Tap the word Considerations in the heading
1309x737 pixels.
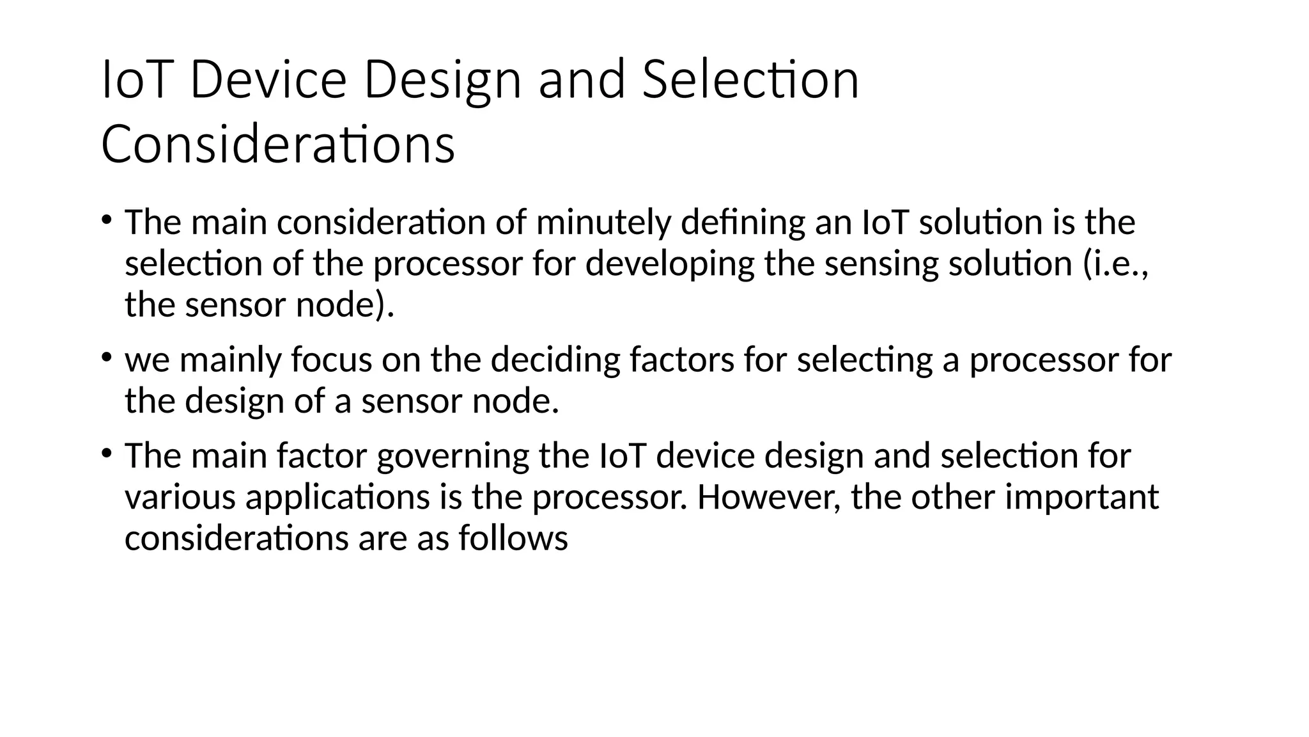pyautogui.click(x=278, y=145)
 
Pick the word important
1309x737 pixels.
pyautogui.click(x=1081, y=497)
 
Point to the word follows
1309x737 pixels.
pyautogui.click(x=513, y=538)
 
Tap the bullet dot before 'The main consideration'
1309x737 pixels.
pyautogui.click(x=106, y=220)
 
